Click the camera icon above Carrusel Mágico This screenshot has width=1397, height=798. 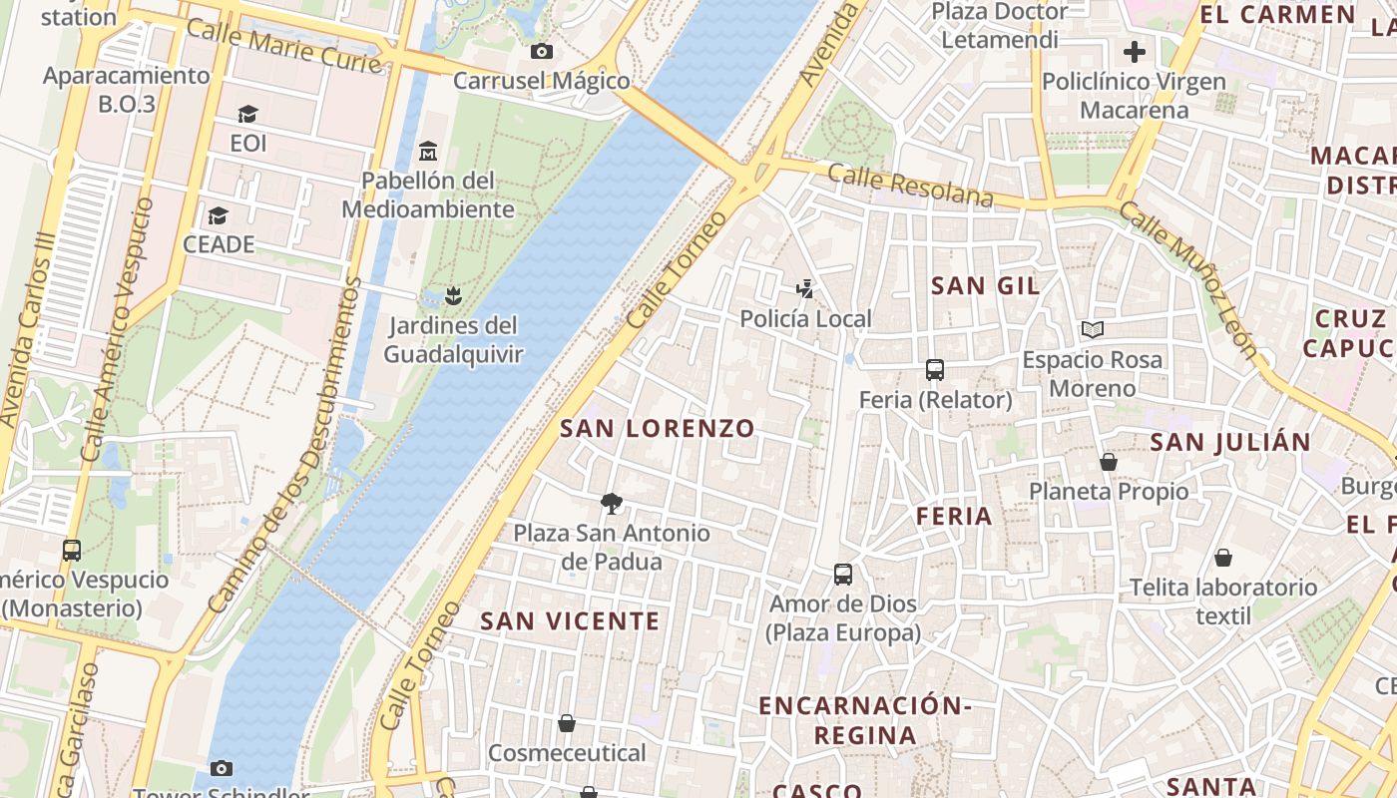click(x=542, y=51)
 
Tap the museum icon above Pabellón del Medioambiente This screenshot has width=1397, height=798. click(x=428, y=152)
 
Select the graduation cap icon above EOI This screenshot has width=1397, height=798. click(x=247, y=115)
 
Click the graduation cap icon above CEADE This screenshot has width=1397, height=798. click(x=218, y=215)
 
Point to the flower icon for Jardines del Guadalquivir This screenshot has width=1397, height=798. click(x=453, y=295)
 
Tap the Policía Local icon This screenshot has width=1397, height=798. click(x=805, y=289)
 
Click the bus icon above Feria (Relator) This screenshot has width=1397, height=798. click(x=935, y=370)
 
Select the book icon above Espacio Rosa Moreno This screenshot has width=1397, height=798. click(x=1093, y=329)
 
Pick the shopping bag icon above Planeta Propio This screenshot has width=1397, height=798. click(x=1108, y=462)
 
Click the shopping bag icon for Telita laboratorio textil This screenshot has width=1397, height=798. click(x=1222, y=558)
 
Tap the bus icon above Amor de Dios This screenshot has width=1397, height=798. click(x=843, y=575)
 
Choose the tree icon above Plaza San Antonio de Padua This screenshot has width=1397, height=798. click(x=612, y=503)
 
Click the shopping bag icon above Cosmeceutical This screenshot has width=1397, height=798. click(x=567, y=722)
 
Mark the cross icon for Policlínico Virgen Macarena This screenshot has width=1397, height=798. click(x=1134, y=52)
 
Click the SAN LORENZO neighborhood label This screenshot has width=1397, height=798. click(x=658, y=429)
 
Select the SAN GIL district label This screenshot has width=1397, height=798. click(x=985, y=286)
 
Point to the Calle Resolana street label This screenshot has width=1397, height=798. click(x=910, y=187)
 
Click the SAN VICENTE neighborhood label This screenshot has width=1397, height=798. click(x=570, y=621)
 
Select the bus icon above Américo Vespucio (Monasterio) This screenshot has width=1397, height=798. click(x=72, y=550)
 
